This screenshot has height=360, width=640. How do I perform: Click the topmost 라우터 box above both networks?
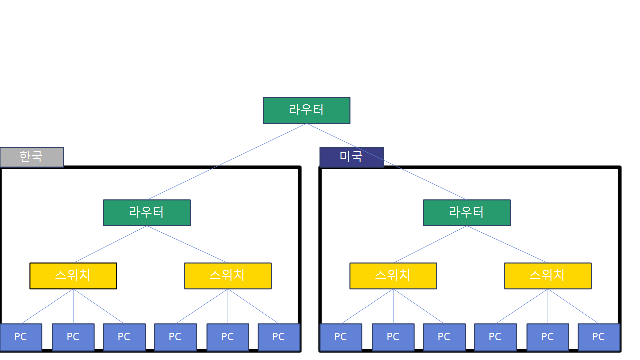306,110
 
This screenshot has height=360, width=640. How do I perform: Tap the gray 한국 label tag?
32,157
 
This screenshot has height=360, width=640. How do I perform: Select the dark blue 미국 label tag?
351,157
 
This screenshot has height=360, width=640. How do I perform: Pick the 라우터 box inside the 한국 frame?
147,213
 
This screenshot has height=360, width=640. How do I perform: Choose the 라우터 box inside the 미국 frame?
467,213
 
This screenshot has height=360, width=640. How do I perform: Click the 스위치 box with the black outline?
73,276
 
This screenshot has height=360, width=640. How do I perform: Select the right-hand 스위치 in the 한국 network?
228,276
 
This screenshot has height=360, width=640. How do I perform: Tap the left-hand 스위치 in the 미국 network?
393,276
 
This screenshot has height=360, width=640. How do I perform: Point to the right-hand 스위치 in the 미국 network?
548,276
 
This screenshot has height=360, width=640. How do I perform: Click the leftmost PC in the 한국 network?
21,337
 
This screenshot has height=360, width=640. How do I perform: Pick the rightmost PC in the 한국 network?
279,337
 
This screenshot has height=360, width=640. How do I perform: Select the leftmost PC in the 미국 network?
341,337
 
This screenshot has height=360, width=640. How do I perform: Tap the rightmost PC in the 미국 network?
599,337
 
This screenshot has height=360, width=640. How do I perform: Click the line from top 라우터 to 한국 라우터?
227,162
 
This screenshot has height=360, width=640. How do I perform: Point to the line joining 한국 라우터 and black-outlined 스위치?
110,244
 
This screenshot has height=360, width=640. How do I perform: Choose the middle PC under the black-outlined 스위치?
73,337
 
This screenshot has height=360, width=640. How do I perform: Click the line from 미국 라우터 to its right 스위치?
507,244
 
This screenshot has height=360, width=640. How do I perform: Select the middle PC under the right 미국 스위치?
548,337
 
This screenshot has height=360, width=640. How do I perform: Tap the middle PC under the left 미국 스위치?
393,337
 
